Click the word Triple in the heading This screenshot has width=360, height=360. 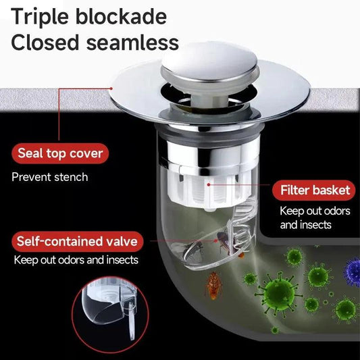pyautogui.click(x=39, y=17)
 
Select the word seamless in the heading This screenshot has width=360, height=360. pyautogui.click(x=132, y=43)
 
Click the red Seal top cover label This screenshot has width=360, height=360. pyautogui.click(x=60, y=153)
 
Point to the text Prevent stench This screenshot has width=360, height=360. pyautogui.click(x=50, y=177)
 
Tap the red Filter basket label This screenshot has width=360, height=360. pyautogui.click(x=315, y=190)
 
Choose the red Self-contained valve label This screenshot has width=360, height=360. pyautogui.click(x=78, y=242)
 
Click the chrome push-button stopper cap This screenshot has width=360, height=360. pyautogui.click(x=209, y=66)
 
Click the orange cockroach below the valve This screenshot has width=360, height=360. pyautogui.click(x=214, y=286)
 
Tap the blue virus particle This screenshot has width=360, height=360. pyautogui.click(x=352, y=272)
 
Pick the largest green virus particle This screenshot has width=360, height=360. pyautogui.click(x=278, y=293)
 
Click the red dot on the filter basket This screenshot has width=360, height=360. pyautogui.click(x=209, y=184)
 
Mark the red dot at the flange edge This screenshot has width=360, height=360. pyautogui.click(x=111, y=88)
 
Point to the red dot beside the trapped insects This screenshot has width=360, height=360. pyautogui.click(x=216, y=240)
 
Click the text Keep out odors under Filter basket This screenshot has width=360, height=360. pyautogui.click(x=315, y=211)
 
